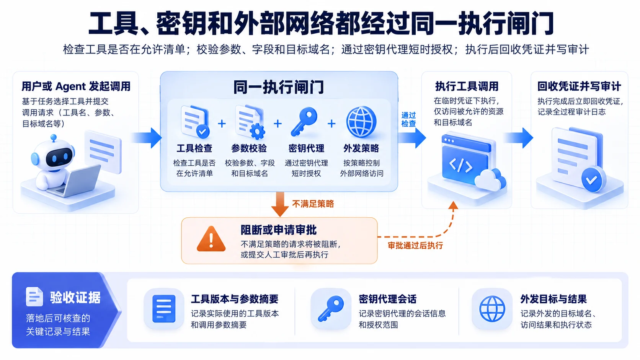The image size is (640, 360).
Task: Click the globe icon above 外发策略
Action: pyautogui.click(x=361, y=122)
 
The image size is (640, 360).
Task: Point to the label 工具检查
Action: pyautogui.click(x=194, y=148)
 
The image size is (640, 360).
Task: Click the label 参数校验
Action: pyautogui.click(x=249, y=148)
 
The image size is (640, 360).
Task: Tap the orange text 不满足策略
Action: pyautogui.click(x=313, y=204)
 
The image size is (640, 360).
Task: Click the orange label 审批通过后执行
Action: pyautogui.click(x=415, y=246)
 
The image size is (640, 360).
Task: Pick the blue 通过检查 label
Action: pyautogui.click(x=408, y=119)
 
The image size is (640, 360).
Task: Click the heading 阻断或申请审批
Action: pyautogui.click(x=279, y=230)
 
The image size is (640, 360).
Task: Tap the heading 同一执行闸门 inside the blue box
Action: pyautogui.click(x=279, y=87)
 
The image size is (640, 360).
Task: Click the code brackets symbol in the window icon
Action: pyautogui.click(x=460, y=166)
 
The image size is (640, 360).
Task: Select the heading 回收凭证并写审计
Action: pyautogui.click(x=579, y=86)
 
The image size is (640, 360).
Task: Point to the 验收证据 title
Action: pyautogui.click(x=75, y=298)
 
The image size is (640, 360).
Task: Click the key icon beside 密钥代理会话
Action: pyautogui.click(x=331, y=309)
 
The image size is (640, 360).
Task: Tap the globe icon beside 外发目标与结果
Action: pyautogui.click(x=492, y=309)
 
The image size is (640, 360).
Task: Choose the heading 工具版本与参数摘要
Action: pyautogui.click(x=235, y=299)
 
